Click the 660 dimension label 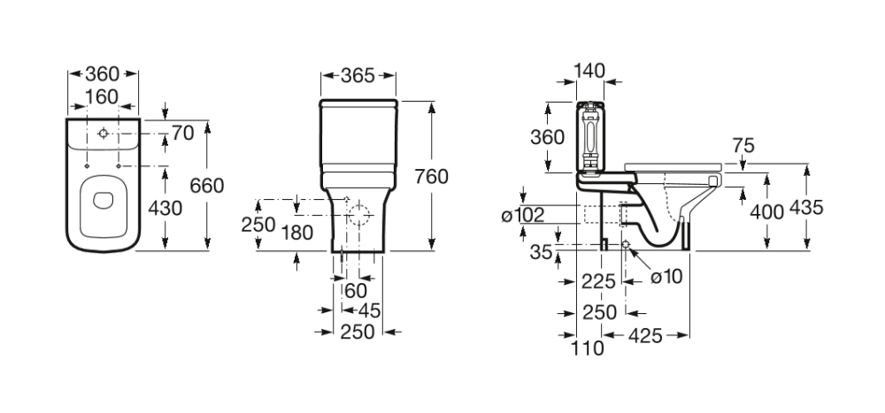[x=207, y=185]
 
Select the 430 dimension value [x=166, y=209]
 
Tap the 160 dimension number [x=103, y=95]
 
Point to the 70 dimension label [x=182, y=134]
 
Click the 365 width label [x=358, y=75]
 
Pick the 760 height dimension [x=431, y=176]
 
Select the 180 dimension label [x=299, y=232]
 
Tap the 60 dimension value [x=356, y=291]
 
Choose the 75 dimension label [x=743, y=146]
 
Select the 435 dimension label [x=806, y=209]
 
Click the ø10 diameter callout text [x=666, y=276]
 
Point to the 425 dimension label [x=646, y=337]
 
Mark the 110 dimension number [x=588, y=348]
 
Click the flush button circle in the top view [x=104, y=134]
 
